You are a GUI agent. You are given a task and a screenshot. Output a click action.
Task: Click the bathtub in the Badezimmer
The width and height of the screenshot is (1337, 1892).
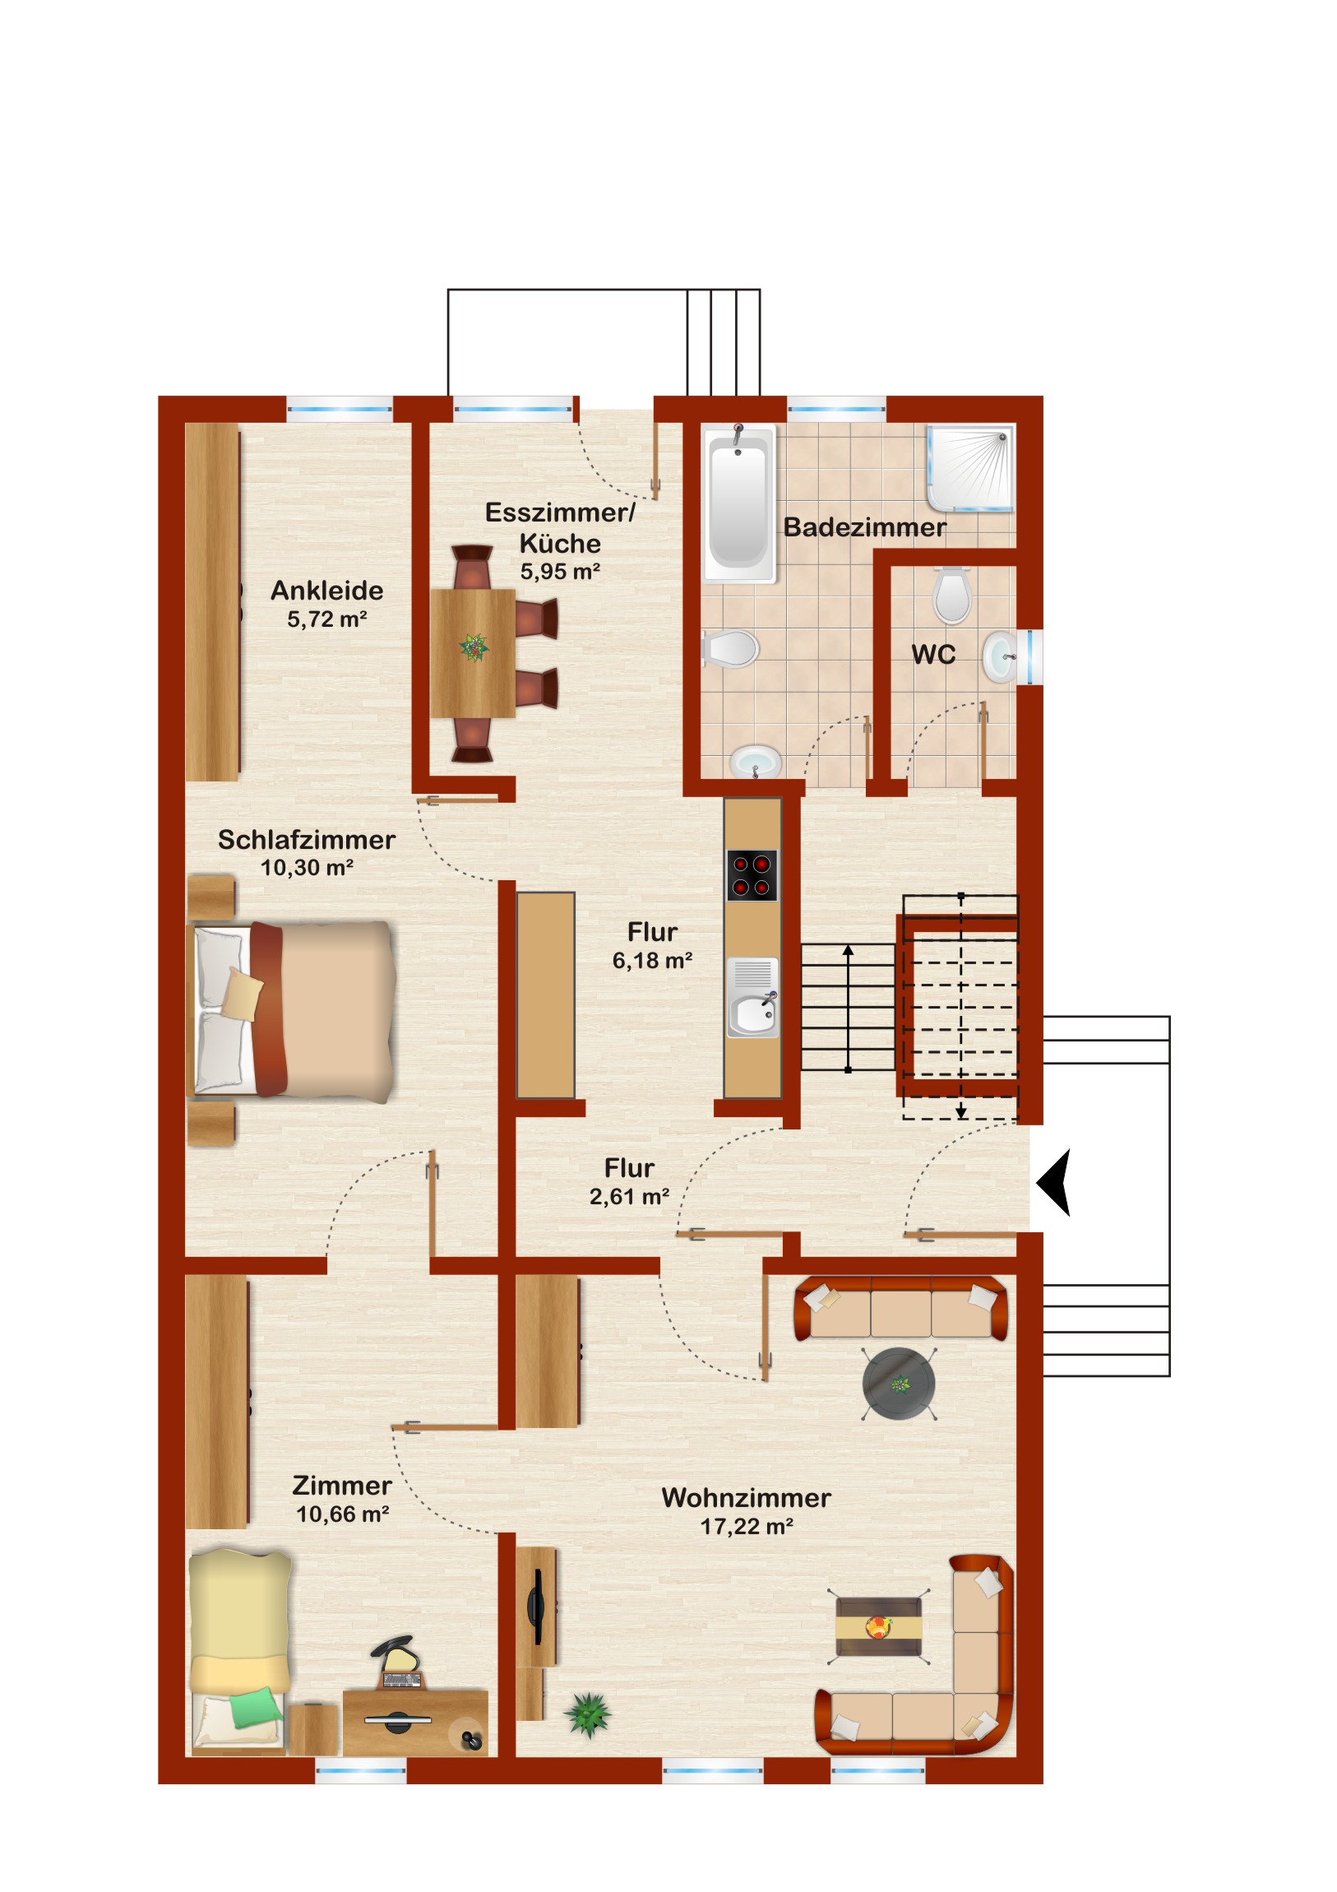pyautogui.click(x=739, y=503)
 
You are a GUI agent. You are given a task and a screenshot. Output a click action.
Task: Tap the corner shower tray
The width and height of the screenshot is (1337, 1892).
pyautogui.click(x=970, y=468)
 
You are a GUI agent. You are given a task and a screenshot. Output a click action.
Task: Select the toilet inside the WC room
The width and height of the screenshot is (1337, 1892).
pyautogui.click(x=952, y=594)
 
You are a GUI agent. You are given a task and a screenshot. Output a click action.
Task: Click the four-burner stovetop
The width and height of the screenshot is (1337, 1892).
pyautogui.click(x=752, y=875)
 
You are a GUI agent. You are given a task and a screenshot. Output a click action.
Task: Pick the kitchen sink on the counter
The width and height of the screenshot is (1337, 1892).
pyautogui.click(x=752, y=996)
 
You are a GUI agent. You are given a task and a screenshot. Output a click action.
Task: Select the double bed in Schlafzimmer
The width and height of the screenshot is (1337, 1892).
pyautogui.click(x=293, y=1011)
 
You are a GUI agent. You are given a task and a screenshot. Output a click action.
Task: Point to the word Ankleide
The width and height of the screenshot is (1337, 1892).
pyautogui.click(x=327, y=591)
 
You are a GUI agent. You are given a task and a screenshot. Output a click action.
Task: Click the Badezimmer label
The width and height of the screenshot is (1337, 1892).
pyautogui.click(x=864, y=527)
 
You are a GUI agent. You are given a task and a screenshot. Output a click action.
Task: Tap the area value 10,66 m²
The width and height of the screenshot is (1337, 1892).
pyautogui.click(x=343, y=1514)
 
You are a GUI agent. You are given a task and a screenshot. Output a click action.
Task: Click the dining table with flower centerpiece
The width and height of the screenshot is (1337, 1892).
pyautogui.click(x=473, y=652)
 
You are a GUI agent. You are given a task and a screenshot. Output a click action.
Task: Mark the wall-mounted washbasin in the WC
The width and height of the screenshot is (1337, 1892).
pyautogui.click(x=1000, y=656)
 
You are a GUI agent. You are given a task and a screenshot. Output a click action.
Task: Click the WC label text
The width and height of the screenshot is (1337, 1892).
pyautogui.click(x=933, y=655)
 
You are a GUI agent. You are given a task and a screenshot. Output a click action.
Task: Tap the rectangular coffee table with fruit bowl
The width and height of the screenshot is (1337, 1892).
pyautogui.click(x=878, y=1626)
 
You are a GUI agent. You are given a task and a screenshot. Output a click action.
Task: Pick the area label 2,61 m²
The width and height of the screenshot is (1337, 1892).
pyautogui.click(x=629, y=1198)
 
